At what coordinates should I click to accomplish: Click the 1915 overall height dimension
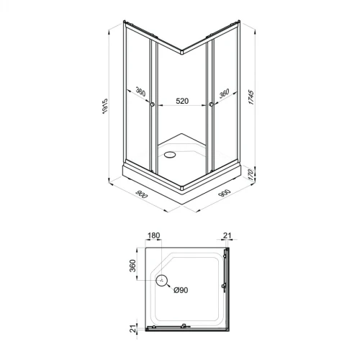(105, 106)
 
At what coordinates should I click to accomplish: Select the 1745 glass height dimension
(251, 97)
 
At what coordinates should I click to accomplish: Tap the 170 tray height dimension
(250, 175)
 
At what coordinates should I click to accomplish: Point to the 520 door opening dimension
(182, 101)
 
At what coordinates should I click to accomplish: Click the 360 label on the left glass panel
(141, 91)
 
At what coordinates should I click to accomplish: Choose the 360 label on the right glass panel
(224, 94)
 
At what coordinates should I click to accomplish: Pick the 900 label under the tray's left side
(142, 194)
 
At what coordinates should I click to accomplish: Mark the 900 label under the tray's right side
(225, 193)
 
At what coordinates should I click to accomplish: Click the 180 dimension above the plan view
(153, 235)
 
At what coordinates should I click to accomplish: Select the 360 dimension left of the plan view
(132, 266)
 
